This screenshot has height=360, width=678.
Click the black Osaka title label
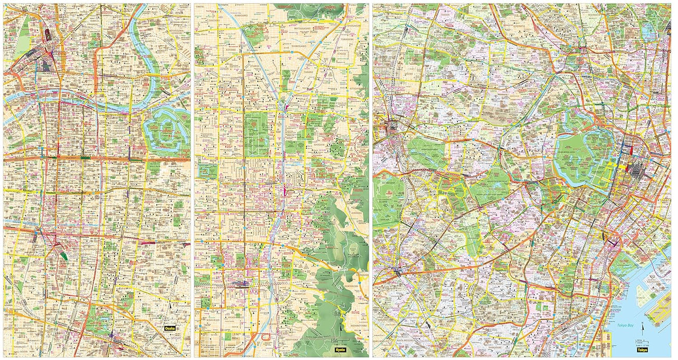(x=171, y=328)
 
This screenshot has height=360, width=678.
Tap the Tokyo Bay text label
(x=627, y=326)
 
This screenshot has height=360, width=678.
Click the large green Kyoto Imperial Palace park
(x=256, y=135)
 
